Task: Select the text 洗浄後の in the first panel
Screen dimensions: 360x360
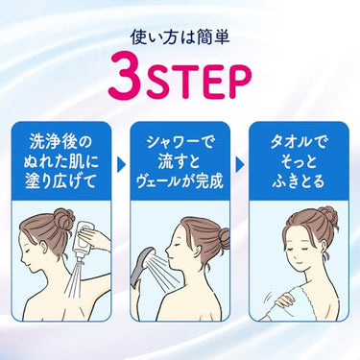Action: click(x=60, y=142)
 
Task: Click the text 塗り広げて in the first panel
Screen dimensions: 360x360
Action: click(x=60, y=181)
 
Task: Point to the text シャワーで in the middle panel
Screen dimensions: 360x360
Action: click(x=180, y=142)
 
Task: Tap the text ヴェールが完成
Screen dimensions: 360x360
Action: click(x=180, y=181)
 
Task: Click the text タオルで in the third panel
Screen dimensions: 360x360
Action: click(x=299, y=142)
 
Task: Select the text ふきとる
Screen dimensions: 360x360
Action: click(x=299, y=181)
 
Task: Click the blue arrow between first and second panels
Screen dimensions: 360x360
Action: click(x=121, y=165)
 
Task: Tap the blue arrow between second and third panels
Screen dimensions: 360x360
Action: click(x=240, y=165)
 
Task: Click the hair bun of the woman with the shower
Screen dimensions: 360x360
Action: click(x=223, y=238)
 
